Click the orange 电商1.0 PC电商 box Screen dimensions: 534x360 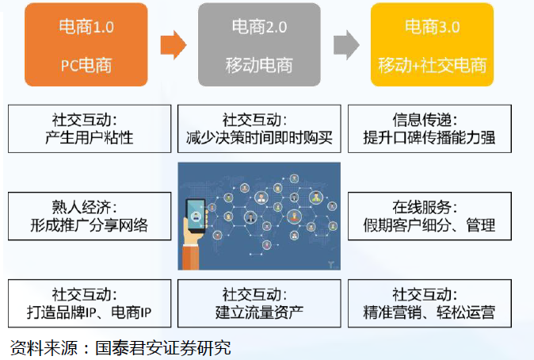[86, 44]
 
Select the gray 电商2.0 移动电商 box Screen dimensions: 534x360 [259, 44]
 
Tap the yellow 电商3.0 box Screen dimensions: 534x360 [432, 44]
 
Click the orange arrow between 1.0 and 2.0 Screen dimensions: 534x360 [174, 45]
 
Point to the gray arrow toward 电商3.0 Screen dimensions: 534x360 [346, 45]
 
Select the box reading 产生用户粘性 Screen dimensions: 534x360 [90, 129]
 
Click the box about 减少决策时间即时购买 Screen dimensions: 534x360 [259, 129]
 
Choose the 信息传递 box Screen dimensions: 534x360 [429, 129]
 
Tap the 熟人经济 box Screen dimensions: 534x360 [90, 216]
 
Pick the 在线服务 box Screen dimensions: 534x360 [429, 216]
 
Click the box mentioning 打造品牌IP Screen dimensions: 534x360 [90, 304]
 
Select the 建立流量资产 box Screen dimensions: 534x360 [259, 304]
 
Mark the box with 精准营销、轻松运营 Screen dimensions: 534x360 [429, 304]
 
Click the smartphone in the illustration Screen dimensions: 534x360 [196, 216]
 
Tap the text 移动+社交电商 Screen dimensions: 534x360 [432, 65]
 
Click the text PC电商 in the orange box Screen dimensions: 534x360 [86, 65]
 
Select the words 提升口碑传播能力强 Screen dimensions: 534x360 [429, 138]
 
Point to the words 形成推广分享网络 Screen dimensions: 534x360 [90, 225]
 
